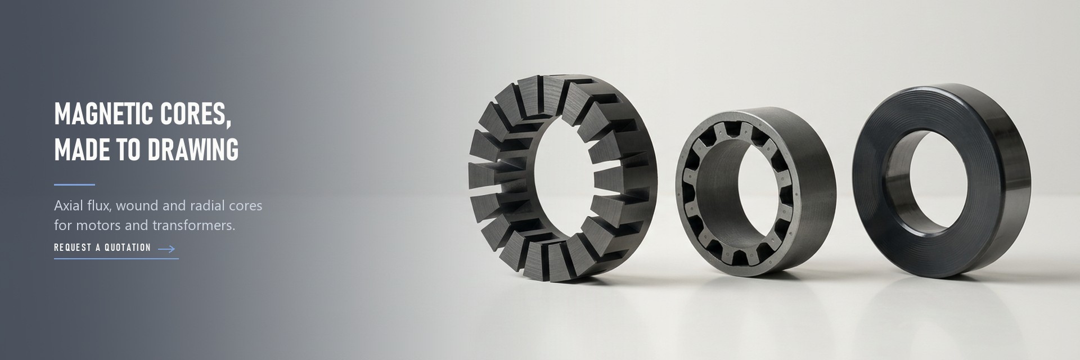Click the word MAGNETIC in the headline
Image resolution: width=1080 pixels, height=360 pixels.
[104, 114]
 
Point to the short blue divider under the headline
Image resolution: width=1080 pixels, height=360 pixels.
[74, 184]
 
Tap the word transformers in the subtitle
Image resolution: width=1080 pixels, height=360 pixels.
[194, 225]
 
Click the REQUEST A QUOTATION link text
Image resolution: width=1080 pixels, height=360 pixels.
[102, 247]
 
